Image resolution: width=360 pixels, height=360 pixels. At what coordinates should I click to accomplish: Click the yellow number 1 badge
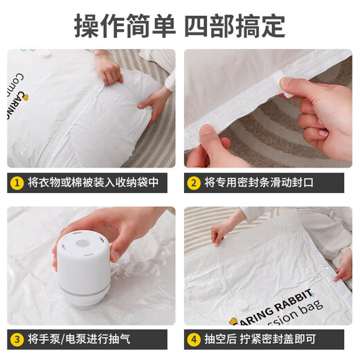click(16, 183)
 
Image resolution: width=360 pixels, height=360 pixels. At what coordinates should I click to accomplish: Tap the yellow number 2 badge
click(193, 183)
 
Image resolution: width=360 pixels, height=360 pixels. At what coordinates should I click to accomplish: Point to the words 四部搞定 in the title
click(235, 25)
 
